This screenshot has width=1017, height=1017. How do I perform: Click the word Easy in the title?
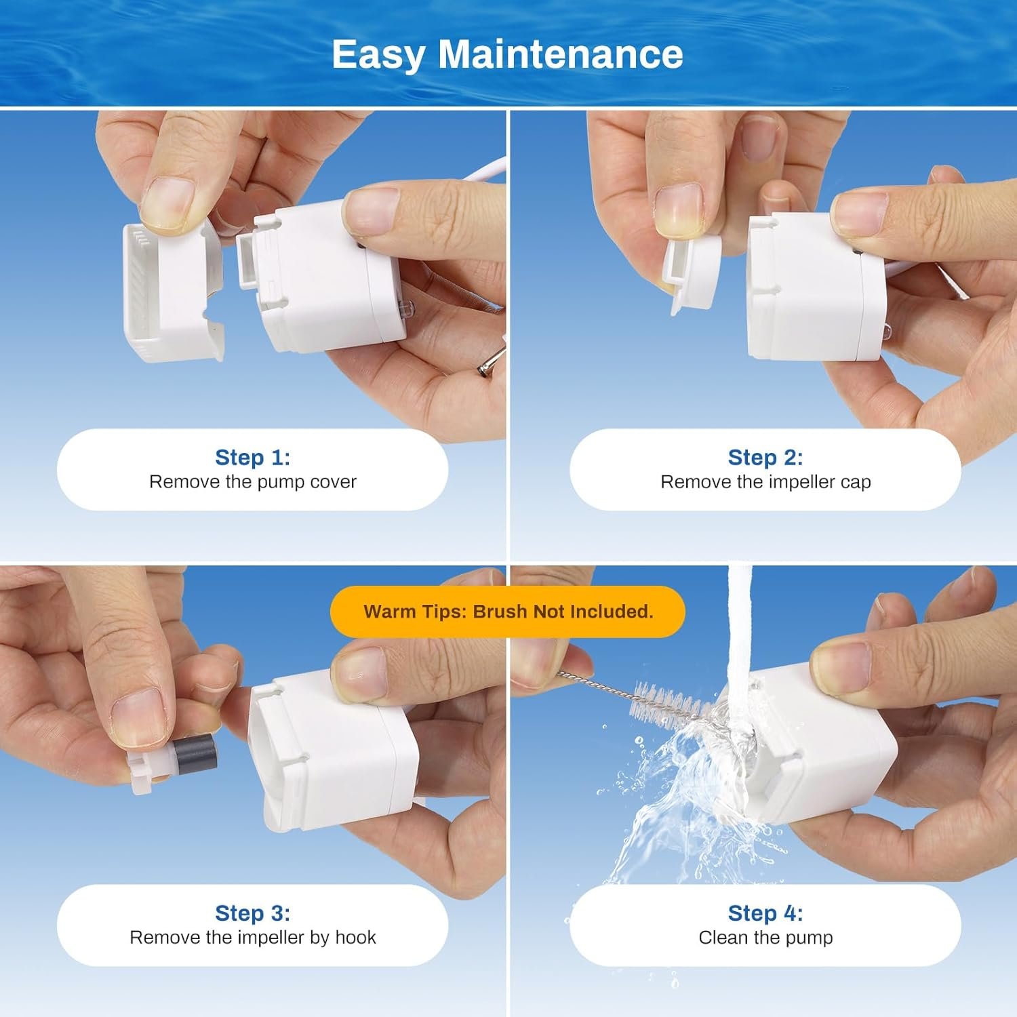pyautogui.click(x=378, y=56)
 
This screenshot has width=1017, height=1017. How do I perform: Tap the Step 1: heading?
pyautogui.click(x=252, y=457)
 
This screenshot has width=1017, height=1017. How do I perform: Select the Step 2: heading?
pyautogui.click(x=765, y=457)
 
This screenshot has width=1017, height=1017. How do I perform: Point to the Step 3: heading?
pyautogui.click(x=252, y=913)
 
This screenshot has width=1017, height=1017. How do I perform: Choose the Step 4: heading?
pyautogui.click(x=765, y=913)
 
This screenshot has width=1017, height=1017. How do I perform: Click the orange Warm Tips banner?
pyautogui.click(x=508, y=612)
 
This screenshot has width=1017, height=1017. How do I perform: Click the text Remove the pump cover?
pyautogui.click(x=252, y=482)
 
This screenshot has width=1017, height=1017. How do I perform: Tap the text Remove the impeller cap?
pyautogui.click(x=765, y=482)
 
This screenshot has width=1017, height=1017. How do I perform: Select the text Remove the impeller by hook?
pyautogui.click(x=252, y=938)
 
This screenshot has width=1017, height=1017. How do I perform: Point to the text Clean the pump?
pyautogui.click(x=765, y=938)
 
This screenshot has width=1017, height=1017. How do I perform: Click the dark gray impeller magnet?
pyautogui.click(x=195, y=754)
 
